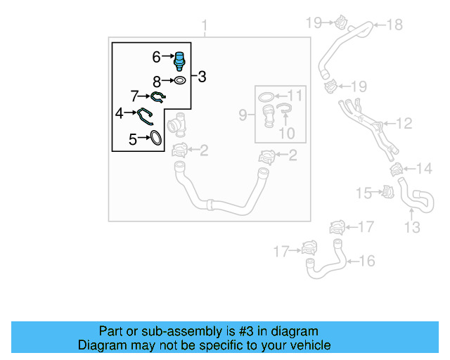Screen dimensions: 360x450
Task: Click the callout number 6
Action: point(157,56)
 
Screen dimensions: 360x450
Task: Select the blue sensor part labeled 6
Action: point(179,60)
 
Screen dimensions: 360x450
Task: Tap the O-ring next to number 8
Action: point(179,81)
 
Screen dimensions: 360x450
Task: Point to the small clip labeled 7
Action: point(159,96)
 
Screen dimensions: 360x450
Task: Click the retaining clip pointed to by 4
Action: point(147,115)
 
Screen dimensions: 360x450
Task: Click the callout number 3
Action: point(202,77)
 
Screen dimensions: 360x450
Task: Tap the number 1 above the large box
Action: point(205,27)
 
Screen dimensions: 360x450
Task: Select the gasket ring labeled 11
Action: point(267,96)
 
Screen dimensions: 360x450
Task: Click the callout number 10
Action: point(284,131)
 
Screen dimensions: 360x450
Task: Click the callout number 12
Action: point(404,124)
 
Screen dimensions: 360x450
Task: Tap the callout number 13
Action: point(412,227)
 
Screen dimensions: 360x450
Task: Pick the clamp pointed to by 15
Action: point(386,191)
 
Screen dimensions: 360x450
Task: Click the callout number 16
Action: point(367,262)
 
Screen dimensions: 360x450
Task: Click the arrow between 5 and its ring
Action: point(143,139)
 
